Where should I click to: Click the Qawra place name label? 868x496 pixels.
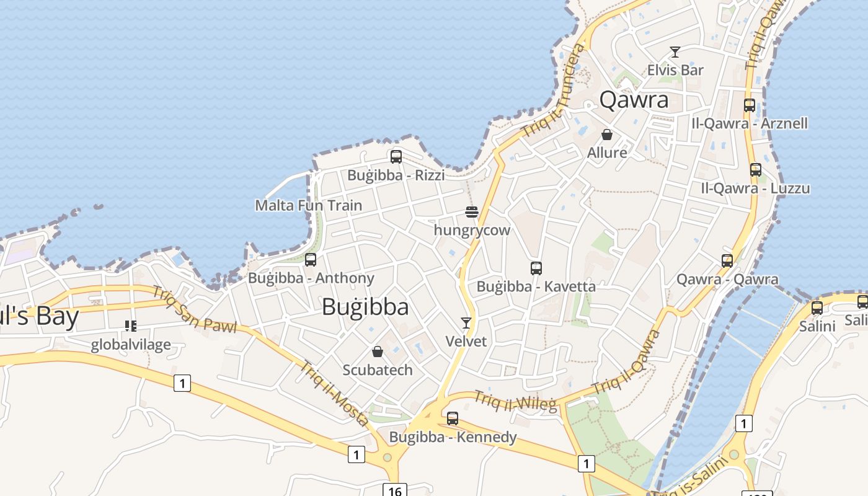[x=634, y=100]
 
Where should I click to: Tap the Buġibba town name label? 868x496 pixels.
[x=365, y=307]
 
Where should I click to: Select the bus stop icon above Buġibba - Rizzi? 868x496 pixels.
[x=396, y=157]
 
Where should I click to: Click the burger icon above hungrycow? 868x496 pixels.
[x=472, y=212]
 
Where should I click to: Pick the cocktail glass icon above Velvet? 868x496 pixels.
[x=466, y=323]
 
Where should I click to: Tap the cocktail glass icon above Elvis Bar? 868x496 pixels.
[x=675, y=52]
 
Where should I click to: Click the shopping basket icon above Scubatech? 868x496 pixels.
[x=378, y=352]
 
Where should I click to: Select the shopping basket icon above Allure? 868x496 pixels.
[x=607, y=135]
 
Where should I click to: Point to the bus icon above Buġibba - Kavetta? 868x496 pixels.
[x=536, y=268]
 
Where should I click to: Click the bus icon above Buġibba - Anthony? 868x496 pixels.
[x=311, y=260]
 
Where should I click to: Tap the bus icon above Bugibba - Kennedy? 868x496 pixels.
[x=453, y=418]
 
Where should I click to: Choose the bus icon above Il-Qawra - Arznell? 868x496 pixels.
[x=750, y=105]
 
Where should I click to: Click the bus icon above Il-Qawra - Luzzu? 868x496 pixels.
[x=756, y=170]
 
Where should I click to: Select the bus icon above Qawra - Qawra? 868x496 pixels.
[x=727, y=261]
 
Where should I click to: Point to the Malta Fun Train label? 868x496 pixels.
[x=309, y=205]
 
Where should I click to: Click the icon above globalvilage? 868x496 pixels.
[x=131, y=325]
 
